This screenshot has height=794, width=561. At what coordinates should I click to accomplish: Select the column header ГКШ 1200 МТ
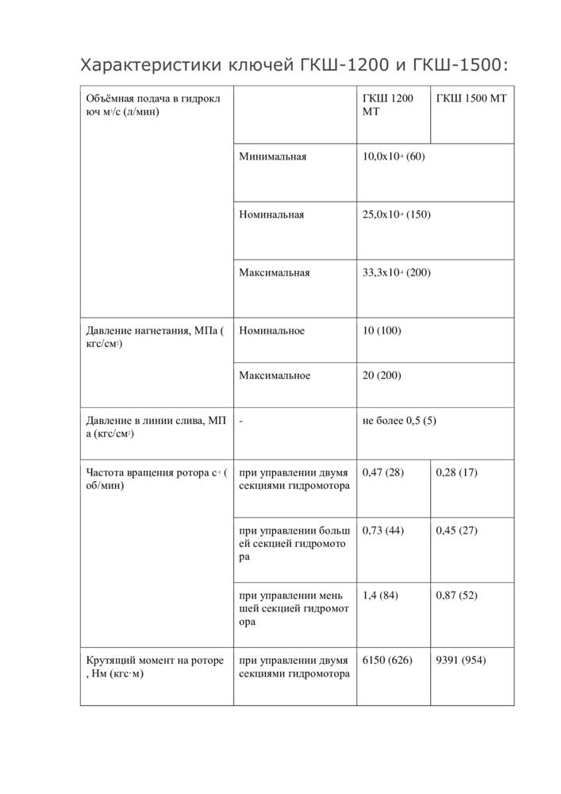coord(387,105)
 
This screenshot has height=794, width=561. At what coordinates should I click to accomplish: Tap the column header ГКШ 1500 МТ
coord(471,98)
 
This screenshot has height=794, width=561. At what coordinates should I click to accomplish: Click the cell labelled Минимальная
coord(273,156)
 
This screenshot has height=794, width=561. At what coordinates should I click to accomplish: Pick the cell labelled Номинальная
coord(271,214)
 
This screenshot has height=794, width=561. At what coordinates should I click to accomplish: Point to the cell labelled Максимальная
coord(275,272)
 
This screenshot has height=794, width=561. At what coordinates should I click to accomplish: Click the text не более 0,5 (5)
coord(399,421)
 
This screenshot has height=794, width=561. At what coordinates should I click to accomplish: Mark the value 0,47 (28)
coord(383,472)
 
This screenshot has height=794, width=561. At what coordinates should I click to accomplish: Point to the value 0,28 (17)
coord(457,472)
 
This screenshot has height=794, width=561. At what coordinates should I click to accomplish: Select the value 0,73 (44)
coord(383,530)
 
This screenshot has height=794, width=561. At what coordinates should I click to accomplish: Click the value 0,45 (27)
coord(457,530)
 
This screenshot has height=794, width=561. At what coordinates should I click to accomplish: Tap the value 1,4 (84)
coord(380,595)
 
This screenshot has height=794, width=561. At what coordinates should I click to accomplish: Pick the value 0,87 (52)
coord(457,595)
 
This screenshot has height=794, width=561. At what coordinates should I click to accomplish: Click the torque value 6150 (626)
coord(387,661)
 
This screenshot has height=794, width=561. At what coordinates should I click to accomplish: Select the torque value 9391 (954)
coord(461,661)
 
